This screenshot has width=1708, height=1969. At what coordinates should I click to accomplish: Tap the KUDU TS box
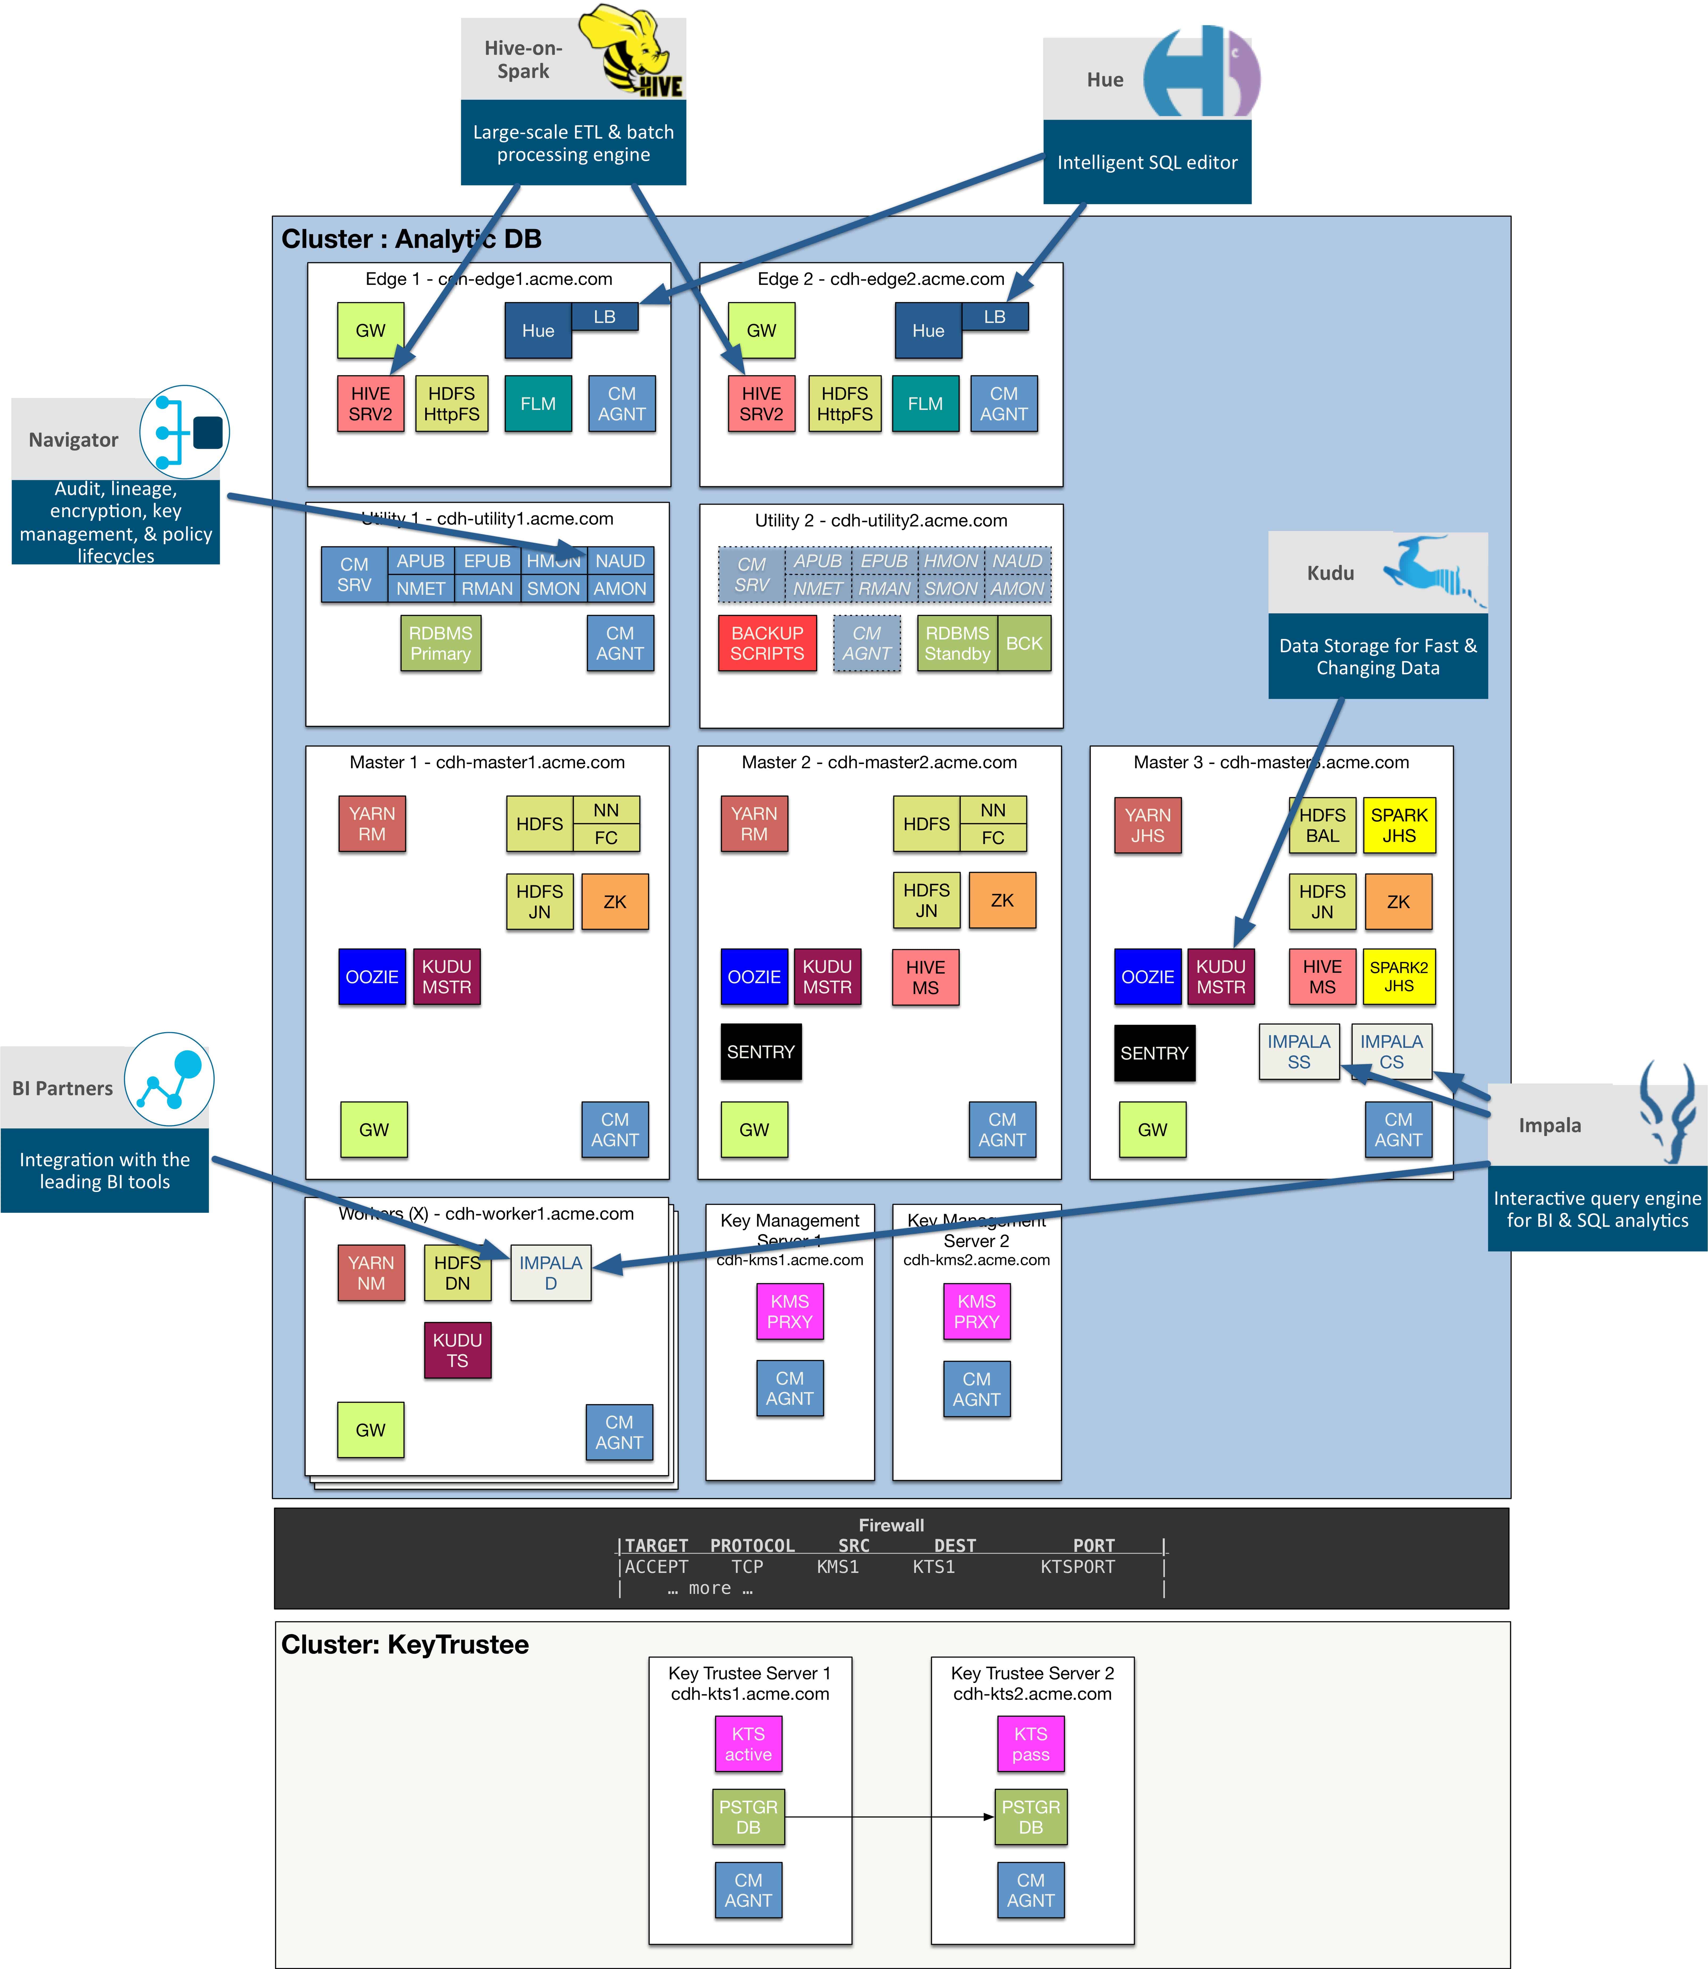click(x=458, y=1350)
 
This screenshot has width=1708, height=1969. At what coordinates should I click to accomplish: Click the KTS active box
click(x=748, y=1744)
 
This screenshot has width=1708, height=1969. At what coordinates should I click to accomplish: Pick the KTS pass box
click(x=1030, y=1744)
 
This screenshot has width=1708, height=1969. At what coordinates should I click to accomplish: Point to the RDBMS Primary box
click(x=440, y=644)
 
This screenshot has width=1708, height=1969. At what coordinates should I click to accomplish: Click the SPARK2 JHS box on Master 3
click(x=1398, y=977)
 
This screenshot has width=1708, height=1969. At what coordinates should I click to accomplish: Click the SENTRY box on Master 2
click(x=761, y=1052)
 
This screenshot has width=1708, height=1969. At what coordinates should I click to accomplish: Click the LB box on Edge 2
click(x=994, y=317)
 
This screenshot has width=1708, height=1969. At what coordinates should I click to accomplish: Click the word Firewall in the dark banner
click(x=891, y=1525)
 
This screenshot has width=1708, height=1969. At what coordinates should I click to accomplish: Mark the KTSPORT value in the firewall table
click(x=1077, y=1567)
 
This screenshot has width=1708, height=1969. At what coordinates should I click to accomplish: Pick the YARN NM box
click(x=371, y=1273)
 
